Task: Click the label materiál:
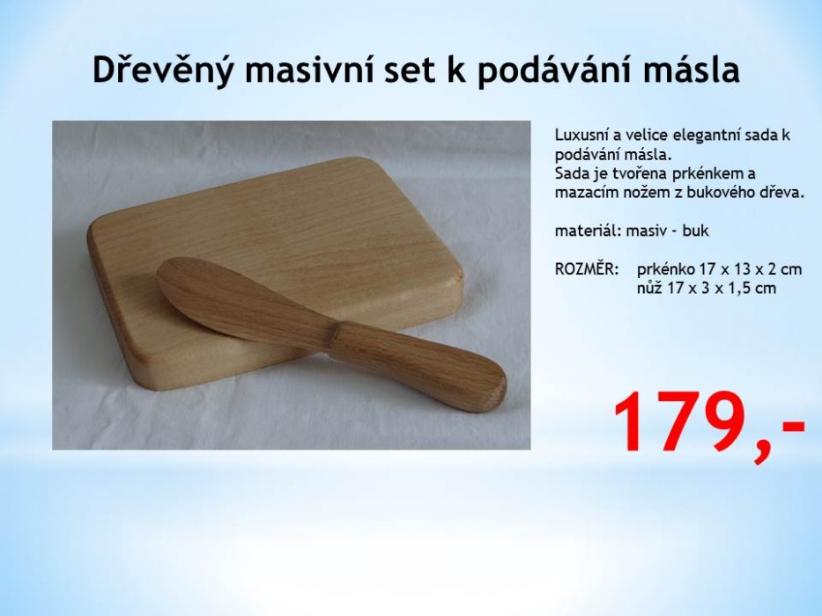(x=589, y=231)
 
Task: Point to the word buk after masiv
(x=696, y=231)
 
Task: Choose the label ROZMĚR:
(x=587, y=268)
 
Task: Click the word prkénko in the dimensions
(x=666, y=270)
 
